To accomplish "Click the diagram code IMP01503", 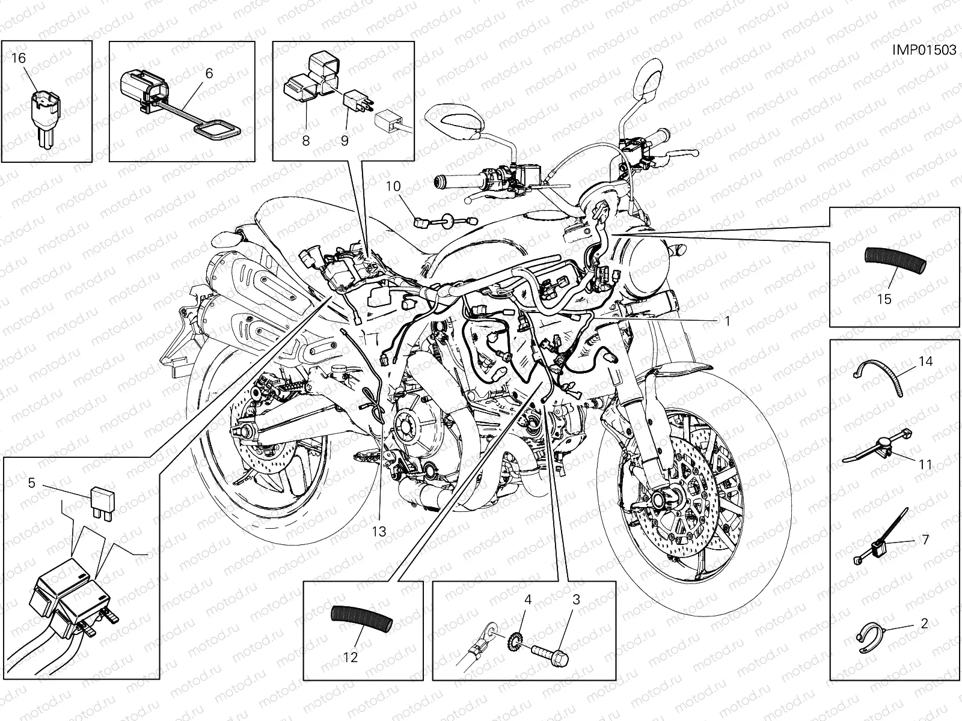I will tap(924, 50).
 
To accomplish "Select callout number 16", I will tap(19, 58).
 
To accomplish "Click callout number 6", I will tap(209, 73).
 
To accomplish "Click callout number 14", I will tap(925, 362).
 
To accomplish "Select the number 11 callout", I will tap(925, 464).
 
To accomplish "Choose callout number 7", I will tap(925, 540).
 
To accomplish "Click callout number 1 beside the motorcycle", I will tap(728, 321).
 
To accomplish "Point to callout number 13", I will tap(379, 532).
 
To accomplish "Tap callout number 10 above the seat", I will tap(393, 186).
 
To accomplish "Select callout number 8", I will tap(305, 141).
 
